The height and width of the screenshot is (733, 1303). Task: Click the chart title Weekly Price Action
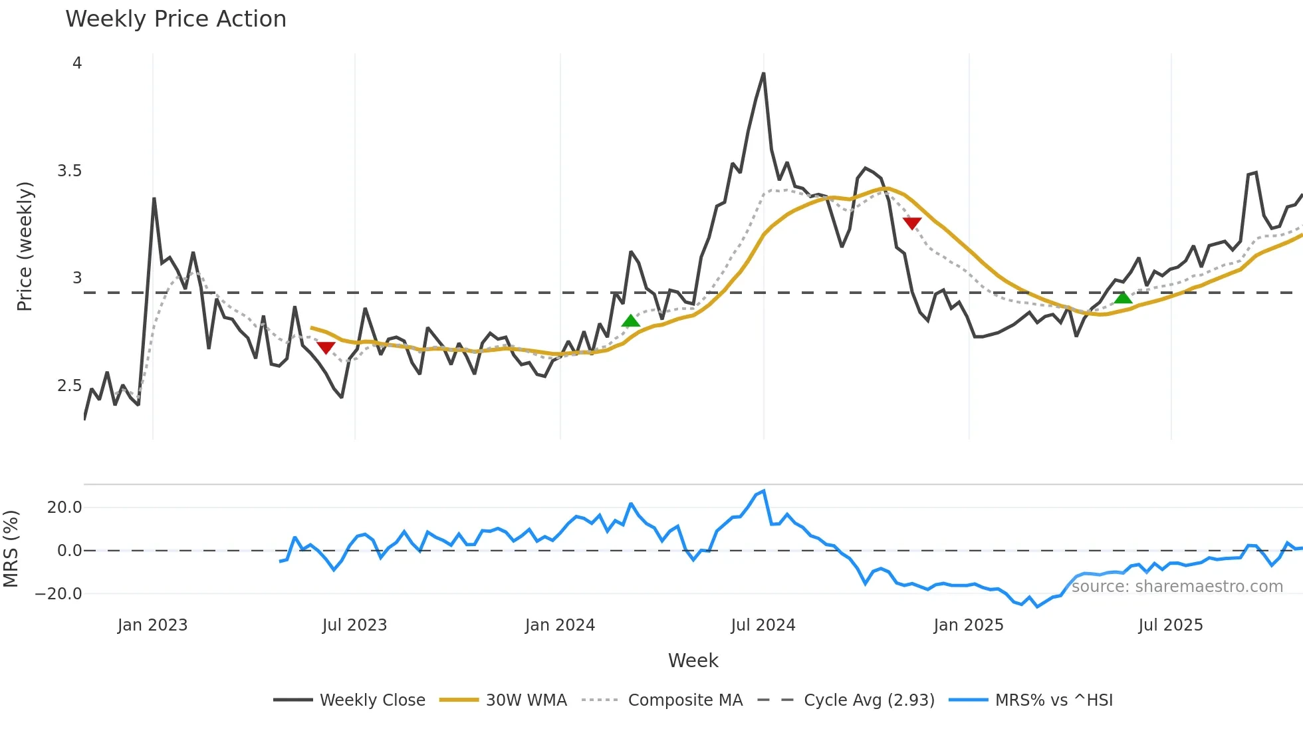tap(176, 19)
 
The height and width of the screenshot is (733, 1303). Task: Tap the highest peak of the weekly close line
tap(763, 74)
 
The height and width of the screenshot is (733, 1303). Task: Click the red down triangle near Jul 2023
tap(326, 348)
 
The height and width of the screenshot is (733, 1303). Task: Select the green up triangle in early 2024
tap(630, 321)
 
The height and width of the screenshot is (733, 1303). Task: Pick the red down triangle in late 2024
tap(912, 223)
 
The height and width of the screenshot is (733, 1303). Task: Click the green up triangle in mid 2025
tap(1123, 297)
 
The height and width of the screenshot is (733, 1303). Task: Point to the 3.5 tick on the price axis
tap(69, 171)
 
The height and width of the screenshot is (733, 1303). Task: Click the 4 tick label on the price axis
tap(77, 63)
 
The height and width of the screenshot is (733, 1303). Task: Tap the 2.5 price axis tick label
tap(69, 386)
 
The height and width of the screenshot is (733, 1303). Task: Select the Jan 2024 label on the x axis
tap(560, 625)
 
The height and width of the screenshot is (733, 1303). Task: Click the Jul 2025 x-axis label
tap(1170, 625)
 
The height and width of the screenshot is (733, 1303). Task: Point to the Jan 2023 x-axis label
tap(152, 625)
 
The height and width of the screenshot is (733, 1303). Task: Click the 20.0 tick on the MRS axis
tap(64, 508)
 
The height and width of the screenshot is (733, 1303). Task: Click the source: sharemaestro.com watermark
tap(1177, 587)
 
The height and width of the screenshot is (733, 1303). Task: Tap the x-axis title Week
tap(693, 660)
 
